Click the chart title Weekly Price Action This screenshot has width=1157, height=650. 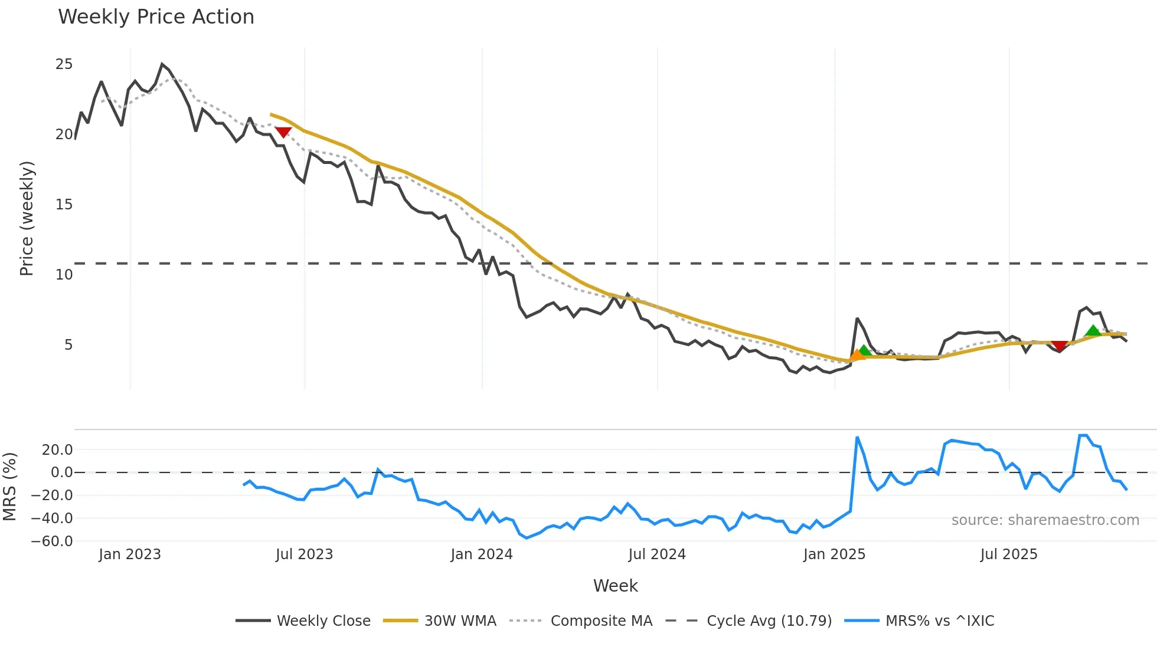click(x=156, y=17)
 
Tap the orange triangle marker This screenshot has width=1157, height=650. click(x=857, y=354)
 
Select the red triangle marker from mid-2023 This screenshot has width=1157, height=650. click(x=283, y=132)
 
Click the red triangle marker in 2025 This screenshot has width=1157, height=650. click(x=1060, y=346)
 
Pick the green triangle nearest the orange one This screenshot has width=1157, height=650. click(x=865, y=351)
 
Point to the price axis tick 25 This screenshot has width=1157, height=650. click(x=64, y=64)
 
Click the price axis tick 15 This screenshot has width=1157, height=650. click(x=64, y=205)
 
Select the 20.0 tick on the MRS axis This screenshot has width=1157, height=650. click(x=57, y=450)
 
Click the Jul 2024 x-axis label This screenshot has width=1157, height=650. click(x=656, y=554)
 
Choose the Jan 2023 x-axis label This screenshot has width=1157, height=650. click(x=129, y=554)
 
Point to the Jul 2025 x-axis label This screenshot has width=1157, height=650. click(x=1008, y=554)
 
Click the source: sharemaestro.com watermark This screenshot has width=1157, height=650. click(x=1045, y=520)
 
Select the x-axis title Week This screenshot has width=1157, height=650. click(x=615, y=586)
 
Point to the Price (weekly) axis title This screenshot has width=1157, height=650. click(x=27, y=218)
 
